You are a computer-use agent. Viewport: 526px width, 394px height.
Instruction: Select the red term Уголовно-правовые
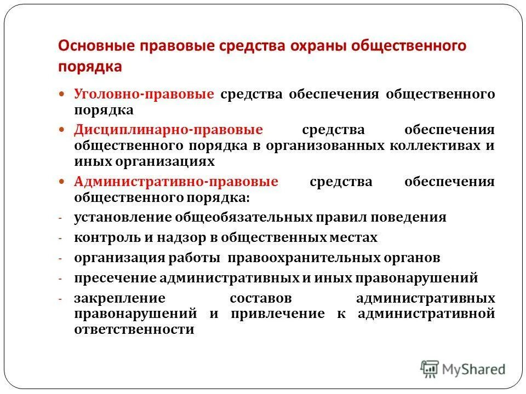tap(144, 94)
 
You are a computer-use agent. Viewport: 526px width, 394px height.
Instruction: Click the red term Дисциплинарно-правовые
tap(169, 130)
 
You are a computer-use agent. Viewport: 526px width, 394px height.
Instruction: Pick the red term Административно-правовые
tap(176, 182)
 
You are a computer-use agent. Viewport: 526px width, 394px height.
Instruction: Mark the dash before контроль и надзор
tap(61, 239)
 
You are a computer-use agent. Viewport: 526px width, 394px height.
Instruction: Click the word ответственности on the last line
tap(135, 330)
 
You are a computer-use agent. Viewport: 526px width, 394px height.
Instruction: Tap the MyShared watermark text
tap(473, 369)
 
